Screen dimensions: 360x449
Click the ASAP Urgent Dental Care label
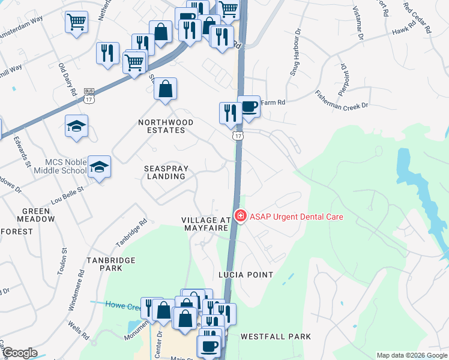[297, 217]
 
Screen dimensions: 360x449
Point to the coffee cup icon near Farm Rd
[249, 106]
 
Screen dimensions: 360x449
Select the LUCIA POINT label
[246, 275]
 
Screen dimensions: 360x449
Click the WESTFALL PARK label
[276, 337]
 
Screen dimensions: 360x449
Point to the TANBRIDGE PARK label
[110, 265]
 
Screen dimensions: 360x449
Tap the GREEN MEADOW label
[38, 215]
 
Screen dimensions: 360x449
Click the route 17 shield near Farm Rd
[239, 136]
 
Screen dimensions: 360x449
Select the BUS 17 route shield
[89, 95]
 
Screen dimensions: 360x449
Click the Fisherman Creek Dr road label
[341, 100]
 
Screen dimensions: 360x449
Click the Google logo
[19, 353]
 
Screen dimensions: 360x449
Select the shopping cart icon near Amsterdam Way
[76, 23]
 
